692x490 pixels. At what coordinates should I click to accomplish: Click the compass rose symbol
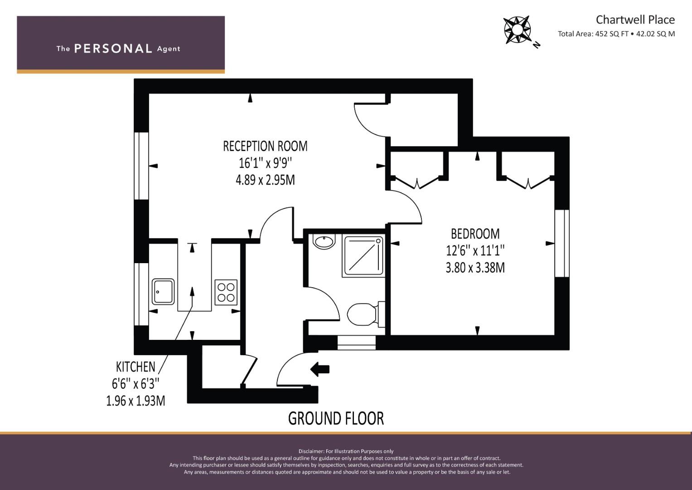pyautogui.click(x=518, y=30)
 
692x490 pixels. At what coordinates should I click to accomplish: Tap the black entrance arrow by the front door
pyautogui.click(x=320, y=369)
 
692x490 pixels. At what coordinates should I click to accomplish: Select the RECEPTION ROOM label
pyautogui.click(x=265, y=146)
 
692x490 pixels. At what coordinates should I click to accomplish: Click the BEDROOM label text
pyautogui.click(x=475, y=234)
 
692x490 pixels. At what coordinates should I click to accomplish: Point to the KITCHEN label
pyautogui.click(x=135, y=367)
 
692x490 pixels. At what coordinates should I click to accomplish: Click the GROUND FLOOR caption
pyautogui.click(x=336, y=418)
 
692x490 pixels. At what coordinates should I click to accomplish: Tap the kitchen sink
pyautogui.click(x=163, y=292)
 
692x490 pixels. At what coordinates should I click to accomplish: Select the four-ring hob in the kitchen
pyautogui.click(x=226, y=292)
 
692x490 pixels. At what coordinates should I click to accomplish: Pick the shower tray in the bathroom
pyautogui.click(x=363, y=256)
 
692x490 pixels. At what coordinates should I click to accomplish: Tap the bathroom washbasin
pyautogui.click(x=324, y=241)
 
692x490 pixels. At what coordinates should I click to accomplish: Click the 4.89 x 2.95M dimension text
pyautogui.click(x=265, y=180)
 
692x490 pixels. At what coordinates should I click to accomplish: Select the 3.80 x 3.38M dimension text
pyautogui.click(x=475, y=268)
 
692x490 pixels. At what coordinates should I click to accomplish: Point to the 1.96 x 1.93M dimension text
pyautogui.click(x=135, y=401)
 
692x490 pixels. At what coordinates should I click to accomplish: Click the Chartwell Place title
pyautogui.click(x=635, y=20)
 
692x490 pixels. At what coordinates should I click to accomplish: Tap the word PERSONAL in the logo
pyautogui.click(x=113, y=49)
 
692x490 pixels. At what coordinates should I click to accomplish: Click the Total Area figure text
pyautogui.click(x=616, y=34)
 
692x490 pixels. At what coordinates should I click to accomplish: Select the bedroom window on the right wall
pyautogui.click(x=562, y=244)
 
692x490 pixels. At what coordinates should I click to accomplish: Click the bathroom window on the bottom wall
pyautogui.click(x=356, y=343)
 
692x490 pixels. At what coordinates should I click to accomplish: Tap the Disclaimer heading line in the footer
pyautogui.click(x=346, y=451)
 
